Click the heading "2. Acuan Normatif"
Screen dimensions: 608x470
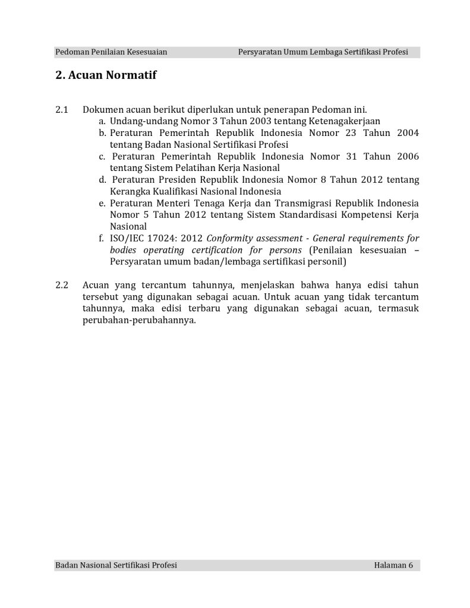click(106, 75)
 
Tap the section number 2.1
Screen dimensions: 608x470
click(62, 110)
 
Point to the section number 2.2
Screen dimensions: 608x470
click(62, 285)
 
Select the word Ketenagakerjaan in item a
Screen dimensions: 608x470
click(346, 121)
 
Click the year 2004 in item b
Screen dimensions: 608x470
click(406, 133)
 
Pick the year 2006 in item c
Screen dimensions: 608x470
click(406, 156)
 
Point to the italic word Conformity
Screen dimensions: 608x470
click(231, 238)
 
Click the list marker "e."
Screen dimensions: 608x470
click(103, 203)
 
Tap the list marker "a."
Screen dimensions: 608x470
click(103, 121)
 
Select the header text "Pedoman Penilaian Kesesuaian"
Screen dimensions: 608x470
click(111, 52)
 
